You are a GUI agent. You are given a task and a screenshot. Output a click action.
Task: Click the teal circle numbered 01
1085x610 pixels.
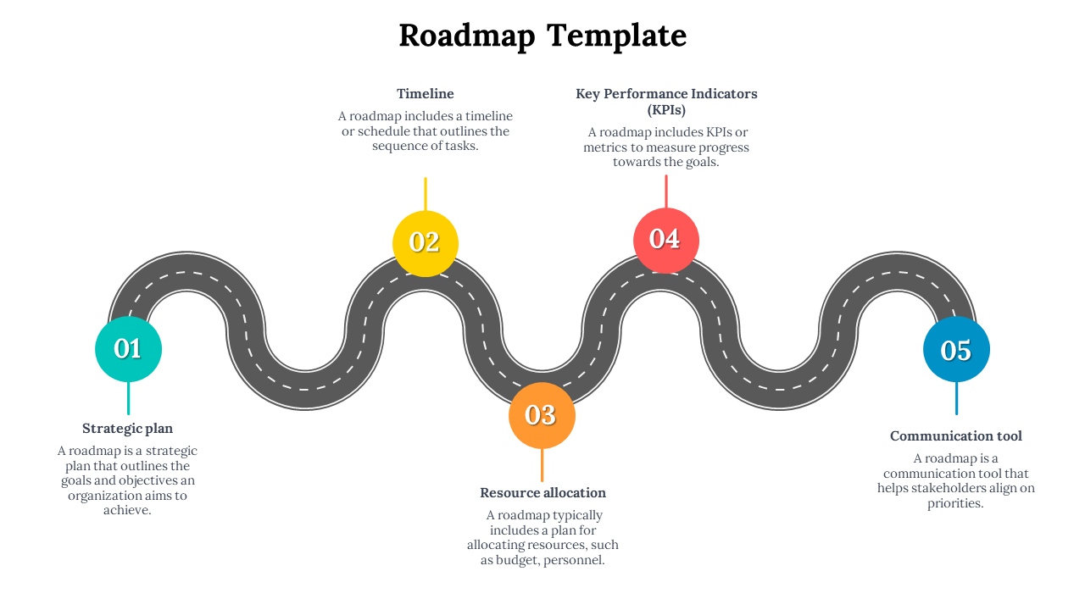click(128, 348)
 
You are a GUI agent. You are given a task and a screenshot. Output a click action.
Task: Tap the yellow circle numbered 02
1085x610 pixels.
click(425, 243)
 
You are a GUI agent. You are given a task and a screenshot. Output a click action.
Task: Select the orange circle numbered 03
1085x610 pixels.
click(542, 415)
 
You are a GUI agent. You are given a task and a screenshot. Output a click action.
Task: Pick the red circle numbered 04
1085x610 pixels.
click(665, 240)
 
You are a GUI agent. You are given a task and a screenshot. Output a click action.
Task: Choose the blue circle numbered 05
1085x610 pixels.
click(956, 349)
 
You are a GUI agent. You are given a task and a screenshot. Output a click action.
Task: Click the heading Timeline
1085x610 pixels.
click(426, 94)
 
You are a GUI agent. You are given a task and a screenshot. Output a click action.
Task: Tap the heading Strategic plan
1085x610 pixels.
click(127, 429)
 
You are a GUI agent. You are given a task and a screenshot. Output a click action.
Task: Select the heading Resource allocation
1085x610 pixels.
click(542, 493)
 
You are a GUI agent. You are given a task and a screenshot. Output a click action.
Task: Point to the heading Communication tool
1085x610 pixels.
click(955, 436)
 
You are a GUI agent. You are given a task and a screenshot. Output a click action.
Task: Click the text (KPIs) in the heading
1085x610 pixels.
click(666, 110)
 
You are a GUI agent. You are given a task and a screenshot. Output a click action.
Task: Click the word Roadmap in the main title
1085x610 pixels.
click(466, 36)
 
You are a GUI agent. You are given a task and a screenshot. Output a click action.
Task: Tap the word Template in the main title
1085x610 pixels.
click(616, 36)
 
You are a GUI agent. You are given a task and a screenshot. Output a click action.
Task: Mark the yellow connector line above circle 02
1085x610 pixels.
click(426, 193)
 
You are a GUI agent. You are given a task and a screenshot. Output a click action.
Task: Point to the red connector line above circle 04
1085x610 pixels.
click(666, 191)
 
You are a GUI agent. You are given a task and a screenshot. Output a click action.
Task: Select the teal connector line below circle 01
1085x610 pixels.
click(128, 398)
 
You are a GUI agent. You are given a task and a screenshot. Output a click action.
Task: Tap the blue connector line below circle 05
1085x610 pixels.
click(956, 398)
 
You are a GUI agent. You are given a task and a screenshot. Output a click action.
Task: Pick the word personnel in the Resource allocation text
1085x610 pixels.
click(574, 561)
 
